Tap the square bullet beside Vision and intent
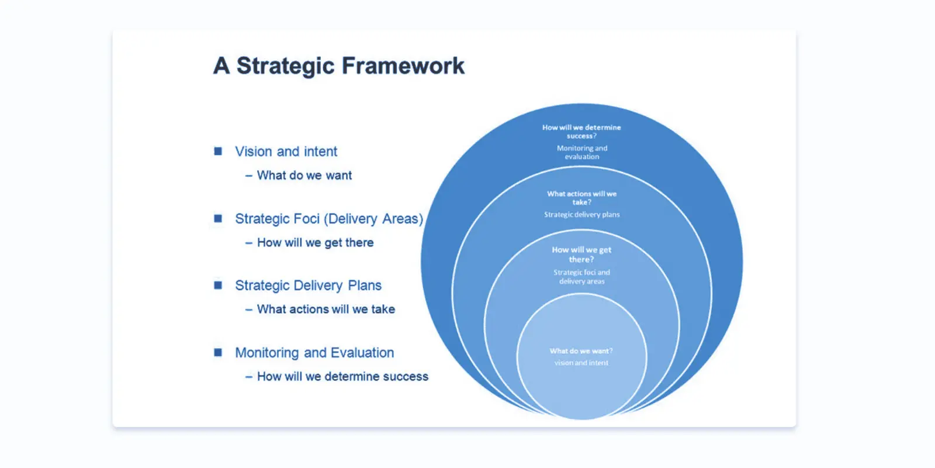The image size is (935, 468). pos(218,152)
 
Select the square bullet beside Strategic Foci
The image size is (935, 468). pos(218,219)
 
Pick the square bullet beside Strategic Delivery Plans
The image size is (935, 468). pos(218,285)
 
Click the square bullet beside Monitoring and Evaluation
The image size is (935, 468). pos(218,353)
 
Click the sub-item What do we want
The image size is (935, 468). pos(304,175)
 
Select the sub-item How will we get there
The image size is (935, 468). pos(315,243)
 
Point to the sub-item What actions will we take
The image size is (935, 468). pos(325,309)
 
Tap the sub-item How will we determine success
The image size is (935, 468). pos(342,377)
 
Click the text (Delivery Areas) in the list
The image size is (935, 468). pos(374,219)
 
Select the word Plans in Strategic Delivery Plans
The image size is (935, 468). pos(365,285)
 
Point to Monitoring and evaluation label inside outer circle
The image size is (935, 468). pos(581,153)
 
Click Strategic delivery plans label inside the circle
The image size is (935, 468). pos(581,215)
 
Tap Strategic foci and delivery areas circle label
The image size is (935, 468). pos(581,277)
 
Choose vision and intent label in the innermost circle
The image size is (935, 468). pos(581,363)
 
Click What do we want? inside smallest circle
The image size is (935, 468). pos(581,351)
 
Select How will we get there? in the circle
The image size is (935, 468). pos(581,254)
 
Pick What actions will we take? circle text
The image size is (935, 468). pos(581,198)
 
